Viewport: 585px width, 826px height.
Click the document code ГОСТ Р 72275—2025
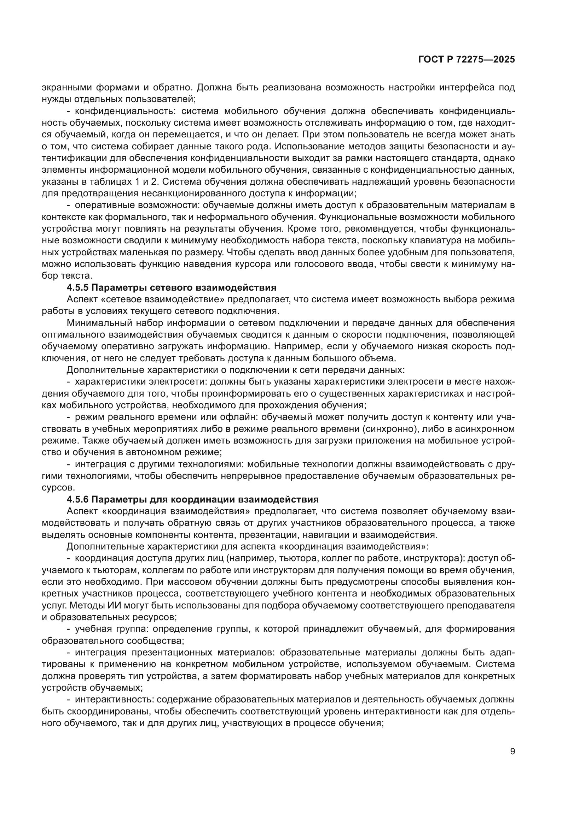pyautogui.click(x=467, y=60)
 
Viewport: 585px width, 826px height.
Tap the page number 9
pyautogui.click(x=512, y=751)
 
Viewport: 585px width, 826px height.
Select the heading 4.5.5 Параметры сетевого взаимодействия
pyautogui.click(x=172, y=287)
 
